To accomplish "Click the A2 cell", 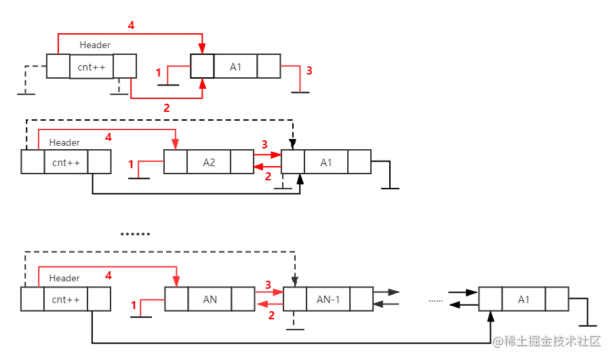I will (x=209, y=163).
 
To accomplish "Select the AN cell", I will (x=209, y=299).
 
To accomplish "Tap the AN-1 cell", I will (x=328, y=299).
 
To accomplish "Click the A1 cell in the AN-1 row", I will (x=523, y=299).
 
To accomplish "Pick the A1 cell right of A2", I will (x=327, y=163).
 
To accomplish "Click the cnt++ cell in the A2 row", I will (x=66, y=163).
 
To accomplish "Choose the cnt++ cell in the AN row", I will (x=66, y=299).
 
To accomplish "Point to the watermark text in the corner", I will (x=547, y=340).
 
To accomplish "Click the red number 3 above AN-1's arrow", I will (x=267, y=283).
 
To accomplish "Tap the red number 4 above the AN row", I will (x=108, y=275).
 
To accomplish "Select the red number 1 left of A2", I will (x=132, y=163).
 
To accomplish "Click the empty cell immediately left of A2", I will (x=176, y=163).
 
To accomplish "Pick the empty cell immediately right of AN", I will (x=242, y=299).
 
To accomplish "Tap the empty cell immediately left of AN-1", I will (x=294, y=299).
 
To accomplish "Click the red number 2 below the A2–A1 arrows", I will (x=267, y=176).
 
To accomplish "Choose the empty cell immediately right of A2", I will (x=241, y=163).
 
